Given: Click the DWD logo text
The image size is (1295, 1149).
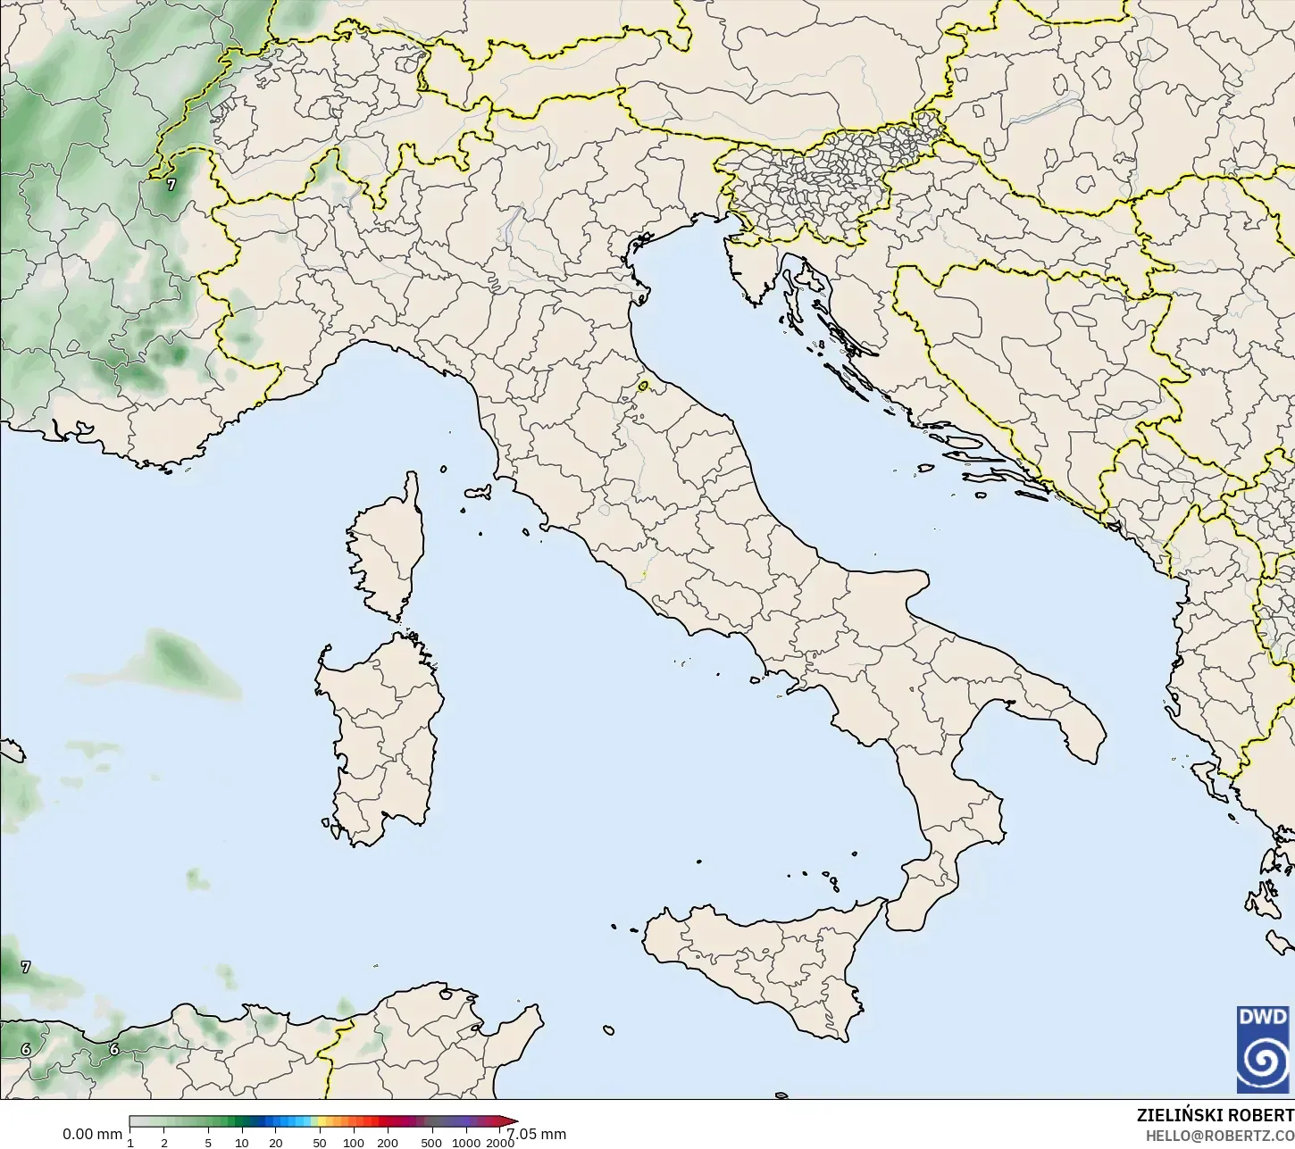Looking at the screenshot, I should point(1263,1017).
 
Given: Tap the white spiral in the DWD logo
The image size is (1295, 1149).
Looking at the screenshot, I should point(1263,1060).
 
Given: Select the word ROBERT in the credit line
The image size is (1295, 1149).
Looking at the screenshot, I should point(1262,1116).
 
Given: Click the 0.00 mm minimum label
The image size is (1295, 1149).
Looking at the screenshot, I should point(92,1134).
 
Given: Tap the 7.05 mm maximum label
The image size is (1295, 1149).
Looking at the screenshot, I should point(537,1134).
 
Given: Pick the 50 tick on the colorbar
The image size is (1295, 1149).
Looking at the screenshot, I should point(319,1143).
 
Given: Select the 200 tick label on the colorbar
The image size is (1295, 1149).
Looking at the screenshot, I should point(387,1143).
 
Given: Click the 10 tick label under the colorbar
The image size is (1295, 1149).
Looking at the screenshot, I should point(241,1143).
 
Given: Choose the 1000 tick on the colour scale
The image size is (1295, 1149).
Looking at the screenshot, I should point(465,1143).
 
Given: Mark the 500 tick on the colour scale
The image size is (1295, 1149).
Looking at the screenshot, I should point(431,1143).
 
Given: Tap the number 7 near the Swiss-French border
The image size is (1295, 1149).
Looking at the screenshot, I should point(171,185).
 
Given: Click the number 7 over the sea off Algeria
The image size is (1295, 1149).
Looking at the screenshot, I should point(26,967).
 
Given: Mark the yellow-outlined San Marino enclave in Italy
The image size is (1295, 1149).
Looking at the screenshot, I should point(644,387).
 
